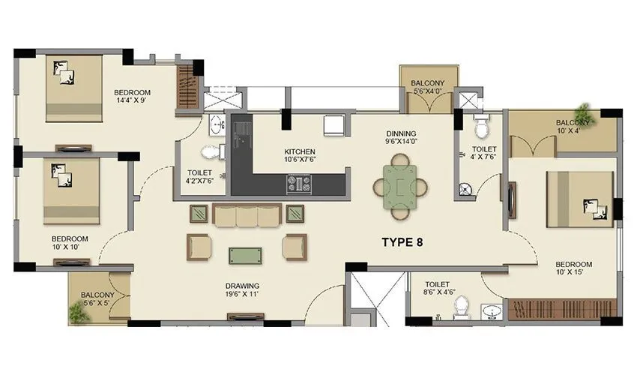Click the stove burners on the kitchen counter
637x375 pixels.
(x=299, y=182)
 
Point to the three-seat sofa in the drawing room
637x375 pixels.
(x=247, y=215)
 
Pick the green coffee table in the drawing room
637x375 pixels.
(x=247, y=255)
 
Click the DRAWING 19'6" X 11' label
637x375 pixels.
(x=242, y=290)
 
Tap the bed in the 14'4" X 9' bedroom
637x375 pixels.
(x=74, y=87)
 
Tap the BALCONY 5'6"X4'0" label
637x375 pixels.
(x=428, y=87)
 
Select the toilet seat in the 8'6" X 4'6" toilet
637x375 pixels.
(x=461, y=308)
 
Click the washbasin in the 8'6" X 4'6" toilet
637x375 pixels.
(x=491, y=310)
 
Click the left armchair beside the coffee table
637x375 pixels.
(x=199, y=246)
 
